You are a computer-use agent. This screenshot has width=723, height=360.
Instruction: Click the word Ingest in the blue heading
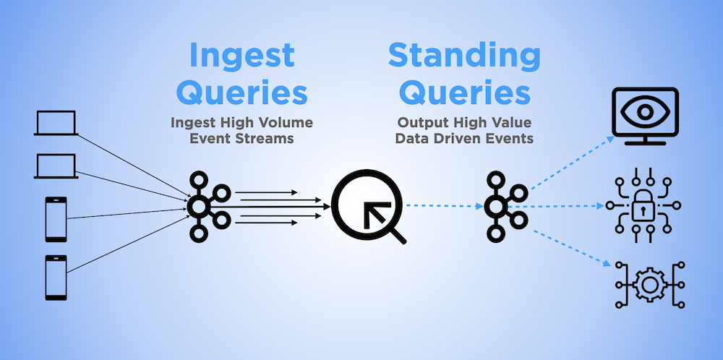pyautogui.click(x=241, y=56)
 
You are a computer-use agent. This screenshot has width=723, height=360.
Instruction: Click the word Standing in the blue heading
pyautogui.click(x=464, y=56)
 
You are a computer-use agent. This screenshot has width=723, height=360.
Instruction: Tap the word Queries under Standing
pyautogui.click(x=464, y=93)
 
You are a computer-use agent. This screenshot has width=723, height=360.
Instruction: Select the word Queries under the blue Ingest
pyautogui.click(x=241, y=93)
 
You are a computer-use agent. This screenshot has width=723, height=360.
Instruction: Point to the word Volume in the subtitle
pyautogui.click(x=289, y=123)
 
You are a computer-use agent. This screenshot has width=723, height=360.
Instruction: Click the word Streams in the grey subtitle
pyautogui.click(x=267, y=139)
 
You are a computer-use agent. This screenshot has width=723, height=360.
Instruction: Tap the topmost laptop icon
pyautogui.click(x=56, y=123)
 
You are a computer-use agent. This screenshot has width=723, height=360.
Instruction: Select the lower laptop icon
pyautogui.click(x=56, y=166)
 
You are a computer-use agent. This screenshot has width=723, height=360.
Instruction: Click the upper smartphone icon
pyautogui.click(x=56, y=220)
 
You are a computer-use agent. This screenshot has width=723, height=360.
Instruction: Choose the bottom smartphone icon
pyautogui.click(x=56, y=278)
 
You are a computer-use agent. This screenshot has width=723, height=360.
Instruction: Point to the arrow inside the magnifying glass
pyautogui.click(x=375, y=212)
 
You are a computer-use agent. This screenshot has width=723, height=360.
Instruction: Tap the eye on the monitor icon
pyautogui.click(x=645, y=111)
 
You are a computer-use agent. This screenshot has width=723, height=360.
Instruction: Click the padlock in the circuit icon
pyautogui.click(x=643, y=206)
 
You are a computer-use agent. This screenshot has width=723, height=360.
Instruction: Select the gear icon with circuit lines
pyautogui.click(x=649, y=285)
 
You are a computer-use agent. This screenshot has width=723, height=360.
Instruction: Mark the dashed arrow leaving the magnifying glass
pyautogui.click(x=445, y=206)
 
